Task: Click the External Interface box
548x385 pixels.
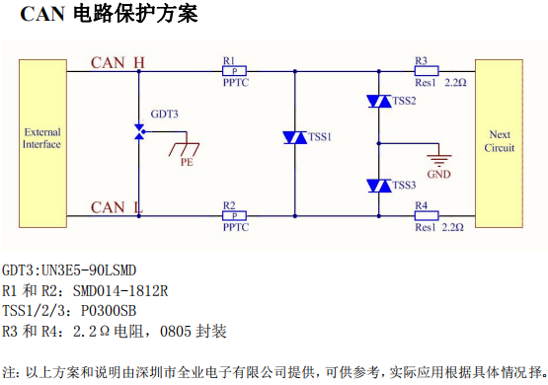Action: click(42, 138)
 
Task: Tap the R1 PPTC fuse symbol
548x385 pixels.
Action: click(234, 71)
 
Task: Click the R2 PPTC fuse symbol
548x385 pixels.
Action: click(234, 215)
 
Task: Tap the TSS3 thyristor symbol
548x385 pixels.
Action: click(378, 185)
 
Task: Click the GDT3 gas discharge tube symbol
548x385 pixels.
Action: click(140, 132)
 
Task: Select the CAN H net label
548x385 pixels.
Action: click(117, 62)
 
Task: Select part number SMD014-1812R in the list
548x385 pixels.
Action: click(117, 290)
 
